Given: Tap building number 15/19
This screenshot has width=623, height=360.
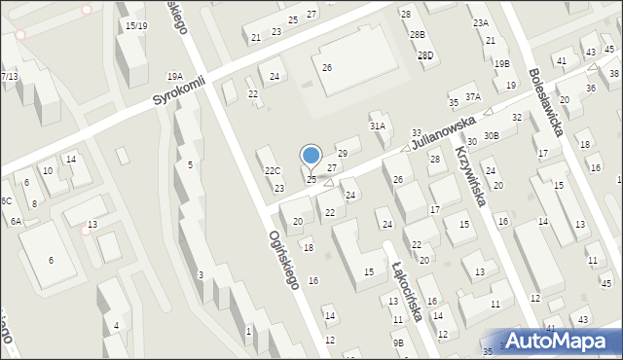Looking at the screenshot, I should click(x=136, y=25).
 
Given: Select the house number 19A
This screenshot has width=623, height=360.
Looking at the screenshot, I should click(x=174, y=76).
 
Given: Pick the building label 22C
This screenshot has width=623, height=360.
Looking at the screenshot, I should click(x=273, y=171).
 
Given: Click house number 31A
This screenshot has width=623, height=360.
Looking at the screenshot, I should click(x=377, y=126).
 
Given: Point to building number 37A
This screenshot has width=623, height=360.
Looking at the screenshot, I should click(x=473, y=96).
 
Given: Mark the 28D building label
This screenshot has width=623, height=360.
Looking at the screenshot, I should click(x=425, y=55).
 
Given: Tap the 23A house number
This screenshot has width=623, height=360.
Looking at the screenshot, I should click(x=480, y=21).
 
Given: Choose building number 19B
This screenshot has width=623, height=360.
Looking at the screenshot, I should click(x=501, y=64).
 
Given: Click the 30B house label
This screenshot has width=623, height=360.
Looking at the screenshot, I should click(x=491, y=135).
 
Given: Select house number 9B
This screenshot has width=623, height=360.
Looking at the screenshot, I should click(x=398, y=342).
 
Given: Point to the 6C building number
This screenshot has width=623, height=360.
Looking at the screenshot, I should click(x=5, y=200).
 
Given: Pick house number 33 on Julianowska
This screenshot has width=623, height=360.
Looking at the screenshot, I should click(x=417, y=132).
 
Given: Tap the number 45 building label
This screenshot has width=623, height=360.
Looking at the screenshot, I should click(x=605, y=283).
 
